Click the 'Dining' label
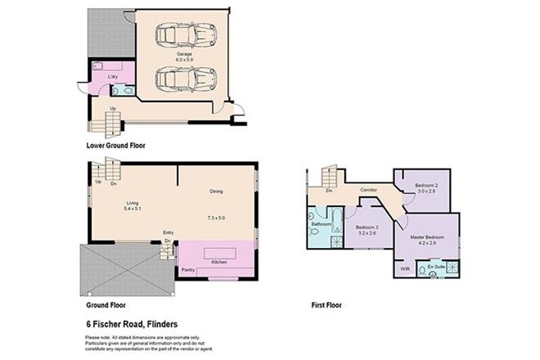click(x=216, y=191)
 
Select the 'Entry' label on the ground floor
click(x=168, y=232)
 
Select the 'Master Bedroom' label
click(x=429, y=236)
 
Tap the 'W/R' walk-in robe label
click(x=404, y=268)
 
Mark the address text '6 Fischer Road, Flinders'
click(x=133, y=322)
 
